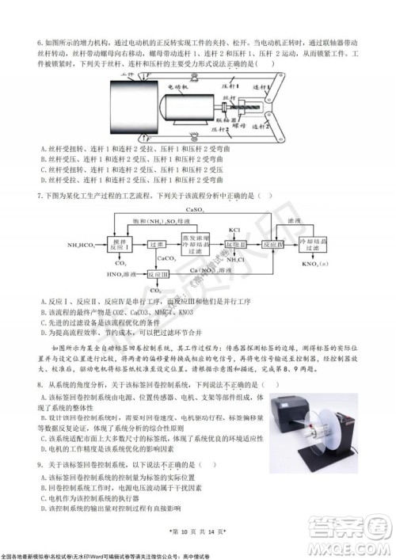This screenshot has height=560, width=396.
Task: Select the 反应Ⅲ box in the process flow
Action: click(x=158, y=275)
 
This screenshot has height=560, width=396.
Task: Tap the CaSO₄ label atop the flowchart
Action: click(x=194, y=211)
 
